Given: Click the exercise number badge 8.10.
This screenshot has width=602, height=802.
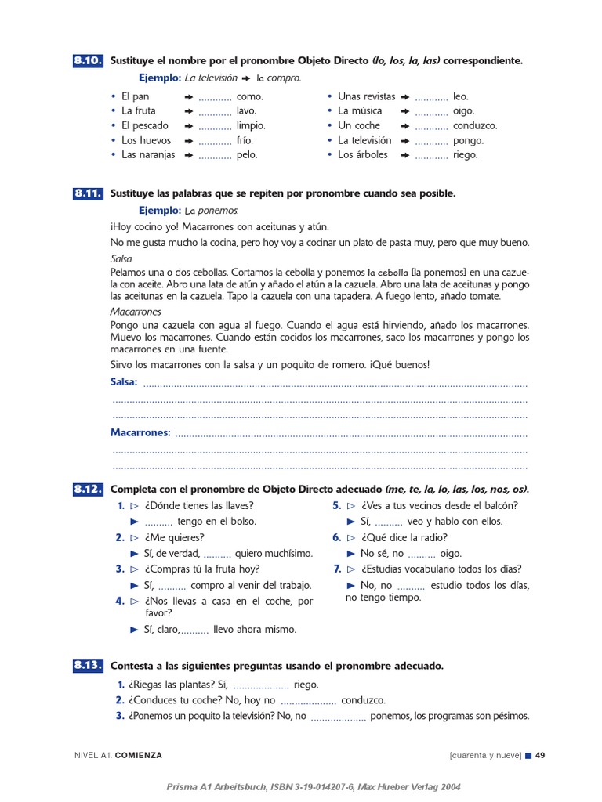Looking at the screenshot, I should pyautogui.click(x=88, y=61).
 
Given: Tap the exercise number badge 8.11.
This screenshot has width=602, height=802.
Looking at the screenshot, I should pyautogui.click(x=88, y=193).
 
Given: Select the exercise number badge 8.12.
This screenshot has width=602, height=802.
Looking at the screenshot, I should pyautogui.click(x=88, y=490).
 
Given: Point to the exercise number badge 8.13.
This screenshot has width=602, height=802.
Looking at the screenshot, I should pyautogui.click(x=88, y=666).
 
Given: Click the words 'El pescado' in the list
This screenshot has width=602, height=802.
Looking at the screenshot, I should pyautogui.click(x=144, y=125).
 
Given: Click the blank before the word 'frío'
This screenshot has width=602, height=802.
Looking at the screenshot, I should pyautogui.click(x=215, y=141).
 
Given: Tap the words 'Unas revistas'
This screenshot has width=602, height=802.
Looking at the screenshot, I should pyautogui.click(x=366, y=96).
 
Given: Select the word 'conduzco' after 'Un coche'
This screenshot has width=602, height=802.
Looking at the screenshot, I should pyautogui.click(x=475, y=125).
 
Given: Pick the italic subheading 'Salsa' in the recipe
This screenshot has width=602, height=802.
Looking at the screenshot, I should pyautogui.click(x=121, y=258).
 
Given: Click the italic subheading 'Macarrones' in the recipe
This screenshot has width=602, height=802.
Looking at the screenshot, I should pyautogui.click(x=136, y=312).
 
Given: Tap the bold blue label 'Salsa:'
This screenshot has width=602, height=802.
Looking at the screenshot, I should pyautogui.click(x=124, y=382).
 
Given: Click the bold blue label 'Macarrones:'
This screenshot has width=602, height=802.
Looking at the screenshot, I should pyautogui.click(x=140, y=432).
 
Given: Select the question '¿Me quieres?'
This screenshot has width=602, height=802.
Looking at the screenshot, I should pyautogui.click(x=174, y=537).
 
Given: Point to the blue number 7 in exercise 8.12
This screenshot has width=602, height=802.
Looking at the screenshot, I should pyautogui.click(x=337, y=569).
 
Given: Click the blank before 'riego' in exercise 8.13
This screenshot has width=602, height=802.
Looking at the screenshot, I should pyautogui.click(x=261, y=685).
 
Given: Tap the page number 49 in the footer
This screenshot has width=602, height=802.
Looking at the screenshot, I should pyautogui.click(x=540, y=755).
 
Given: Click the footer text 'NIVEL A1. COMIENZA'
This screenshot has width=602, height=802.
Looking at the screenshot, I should pyautogui.click(x=118, y=755).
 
